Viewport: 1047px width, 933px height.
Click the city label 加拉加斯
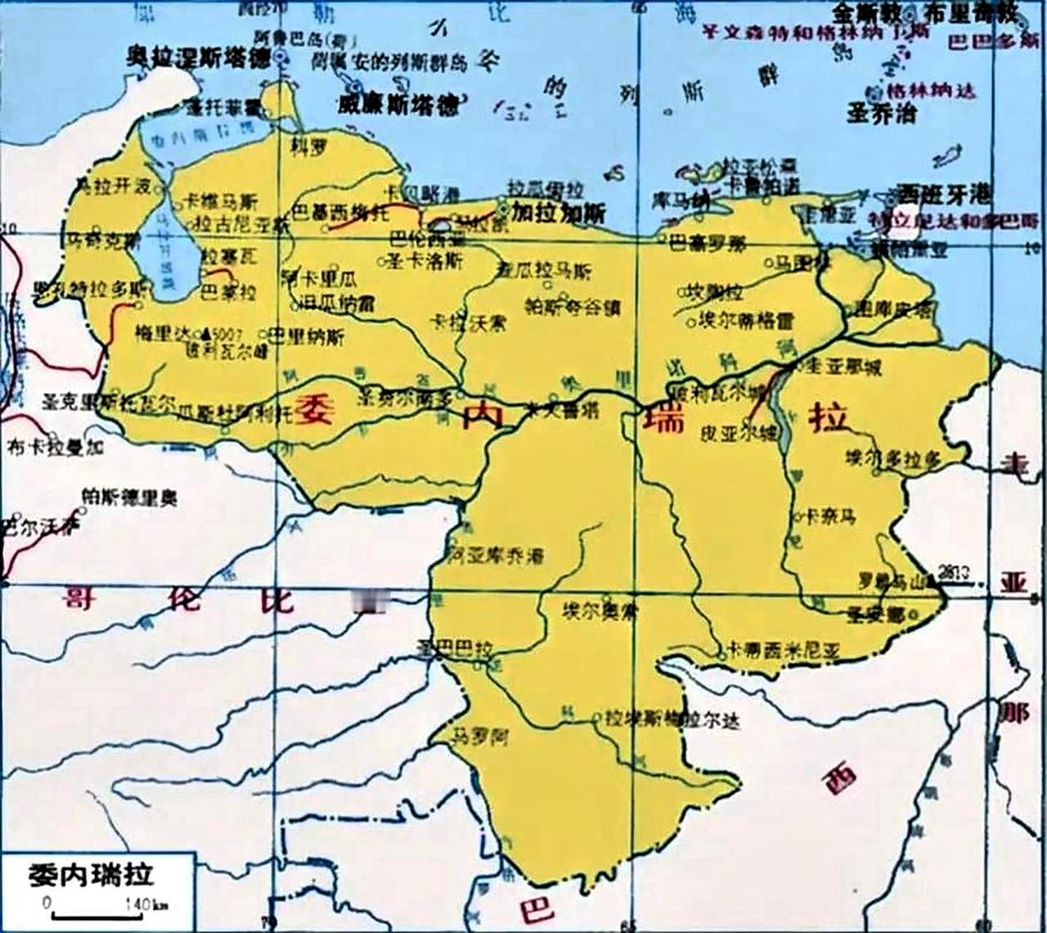(x=559, y=213)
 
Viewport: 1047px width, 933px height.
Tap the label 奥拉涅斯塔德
(x=200, y=58)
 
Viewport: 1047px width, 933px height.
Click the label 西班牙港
(x=943, y=194)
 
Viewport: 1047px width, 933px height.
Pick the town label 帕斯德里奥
(x=129, y=497)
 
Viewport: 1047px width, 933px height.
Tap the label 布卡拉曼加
(x=55, y=447)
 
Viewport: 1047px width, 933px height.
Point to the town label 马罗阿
(x=481, y=737)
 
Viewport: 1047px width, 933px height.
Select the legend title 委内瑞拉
(x=90, y=874)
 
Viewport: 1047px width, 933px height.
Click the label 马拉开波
(x=114, y=187)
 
